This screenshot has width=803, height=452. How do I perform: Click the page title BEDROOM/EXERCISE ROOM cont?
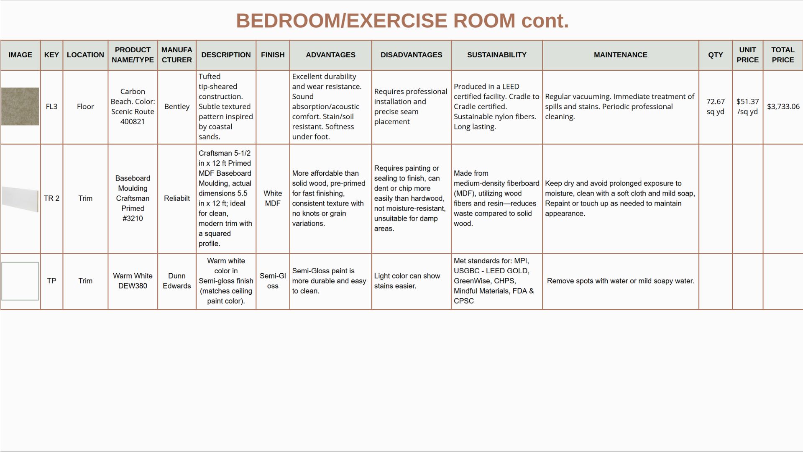(402, 21)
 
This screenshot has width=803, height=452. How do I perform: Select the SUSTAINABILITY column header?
(496, 55)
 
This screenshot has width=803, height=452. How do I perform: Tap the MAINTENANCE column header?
(620, 55)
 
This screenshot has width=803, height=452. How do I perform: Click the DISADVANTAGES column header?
(411, 55)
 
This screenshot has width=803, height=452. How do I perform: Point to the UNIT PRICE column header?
(747, 55)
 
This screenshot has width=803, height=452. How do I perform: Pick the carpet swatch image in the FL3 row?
(20, 106)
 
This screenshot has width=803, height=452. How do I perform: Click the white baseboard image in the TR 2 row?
(20, 199)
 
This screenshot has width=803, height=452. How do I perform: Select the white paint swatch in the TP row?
(20, 281)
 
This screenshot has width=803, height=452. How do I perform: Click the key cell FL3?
(51, 107)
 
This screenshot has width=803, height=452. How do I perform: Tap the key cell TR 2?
(51, 198)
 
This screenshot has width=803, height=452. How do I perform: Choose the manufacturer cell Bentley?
(176, 107)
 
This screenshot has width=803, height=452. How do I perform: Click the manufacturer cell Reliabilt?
(176, 198)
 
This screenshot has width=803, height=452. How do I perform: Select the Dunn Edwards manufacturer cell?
(176, 281)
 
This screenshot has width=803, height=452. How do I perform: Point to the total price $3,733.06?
(783, 107)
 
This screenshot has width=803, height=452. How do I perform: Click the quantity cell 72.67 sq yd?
(715, 107)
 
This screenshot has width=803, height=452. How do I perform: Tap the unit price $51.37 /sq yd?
(747, 107)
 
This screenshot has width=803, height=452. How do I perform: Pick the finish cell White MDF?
(273, 198)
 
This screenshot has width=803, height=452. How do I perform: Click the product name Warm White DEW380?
(133, 281)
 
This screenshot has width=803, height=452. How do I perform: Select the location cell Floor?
(85, 107)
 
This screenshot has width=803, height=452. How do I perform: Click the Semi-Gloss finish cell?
(273, 281)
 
